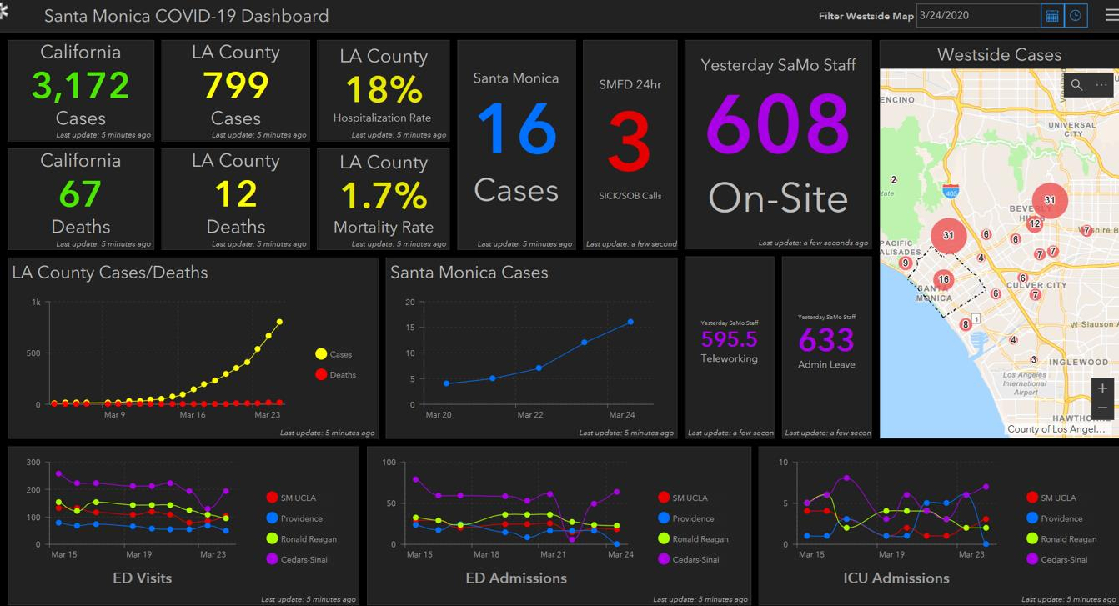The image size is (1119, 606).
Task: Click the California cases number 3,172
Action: [x=81, y=86]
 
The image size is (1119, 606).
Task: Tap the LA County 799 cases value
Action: [x=236, y=86]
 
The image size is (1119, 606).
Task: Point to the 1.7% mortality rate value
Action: [x=384, y=196]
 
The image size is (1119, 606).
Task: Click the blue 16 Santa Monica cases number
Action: [x=516, y=130]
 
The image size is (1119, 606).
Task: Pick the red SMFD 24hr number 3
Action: [x=630, y=143]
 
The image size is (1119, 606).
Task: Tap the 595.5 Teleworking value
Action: [x=729, y=339]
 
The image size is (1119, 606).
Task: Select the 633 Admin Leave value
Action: [x=826, y=340]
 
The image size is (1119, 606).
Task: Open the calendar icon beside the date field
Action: [x=1052, y=15]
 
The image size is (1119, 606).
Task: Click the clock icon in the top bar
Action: [x=1076, y=15]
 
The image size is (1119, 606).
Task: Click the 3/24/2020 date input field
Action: [x=976, y=15]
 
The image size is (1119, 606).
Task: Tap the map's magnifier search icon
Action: [x=1077, y=85]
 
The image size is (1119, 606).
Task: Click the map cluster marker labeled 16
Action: [x=943, y=280]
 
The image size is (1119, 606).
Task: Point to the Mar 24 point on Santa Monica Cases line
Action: [x=630, y=322]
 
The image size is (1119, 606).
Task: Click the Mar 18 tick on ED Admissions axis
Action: [x=486, y=554]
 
